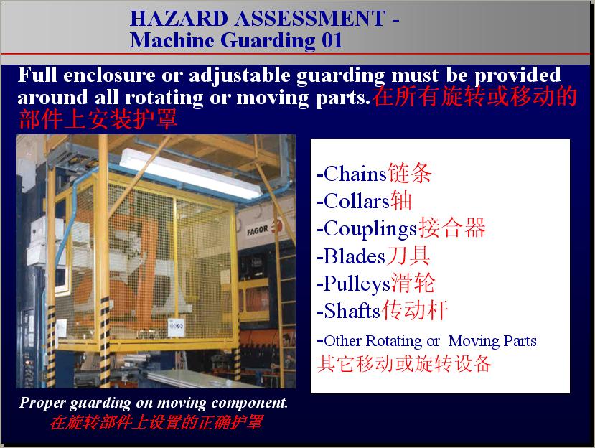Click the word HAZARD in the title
click(x=178, y=19)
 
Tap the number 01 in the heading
click(x=332, y=40)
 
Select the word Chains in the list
click(x=355, y=174)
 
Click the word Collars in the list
click(x=357, y=201)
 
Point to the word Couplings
click(x=370, y=229)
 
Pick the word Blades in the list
click(x=355, y=256)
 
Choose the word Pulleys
click(x=357, y=284)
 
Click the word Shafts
click(x=352, y=311)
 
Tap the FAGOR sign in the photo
click(x=258, y=230)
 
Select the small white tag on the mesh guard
click(x=176, y=327)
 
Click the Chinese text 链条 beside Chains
click(x=410, y=174)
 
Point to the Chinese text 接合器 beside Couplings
click(x=452, y=228)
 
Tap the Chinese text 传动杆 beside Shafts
click(x=414, y=310)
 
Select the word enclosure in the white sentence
click(x=109, y=75)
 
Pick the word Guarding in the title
click(x=268, y=40)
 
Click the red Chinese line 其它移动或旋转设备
click(x=404, y=363)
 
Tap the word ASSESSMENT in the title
click(x=310, y=19)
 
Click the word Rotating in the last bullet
click(x=394, y=341)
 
